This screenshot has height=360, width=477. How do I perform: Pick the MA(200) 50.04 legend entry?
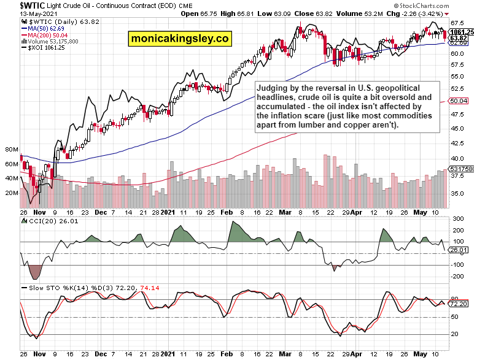tap(47, 34)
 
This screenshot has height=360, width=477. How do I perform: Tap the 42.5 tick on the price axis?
tap(457, 144)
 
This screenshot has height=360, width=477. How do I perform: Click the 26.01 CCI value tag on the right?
tap(459, 250)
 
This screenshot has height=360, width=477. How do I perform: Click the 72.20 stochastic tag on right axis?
tap(459, 304)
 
